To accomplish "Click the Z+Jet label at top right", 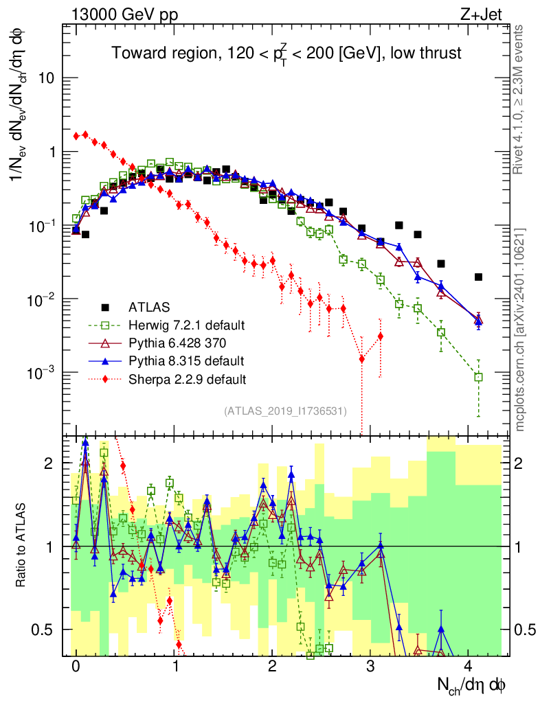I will (x=493, y=14).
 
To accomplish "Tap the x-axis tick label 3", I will (x=370, y=666).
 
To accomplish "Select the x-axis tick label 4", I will (x=469, y=666).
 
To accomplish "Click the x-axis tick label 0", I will (x=76, y=666).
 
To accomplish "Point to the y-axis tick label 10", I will (x=46, y=78).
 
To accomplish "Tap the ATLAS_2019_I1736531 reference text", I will (x=284, y=411).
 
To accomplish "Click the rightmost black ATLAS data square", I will (x=478, y=277).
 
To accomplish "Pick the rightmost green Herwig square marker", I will (x=478, y=377).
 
